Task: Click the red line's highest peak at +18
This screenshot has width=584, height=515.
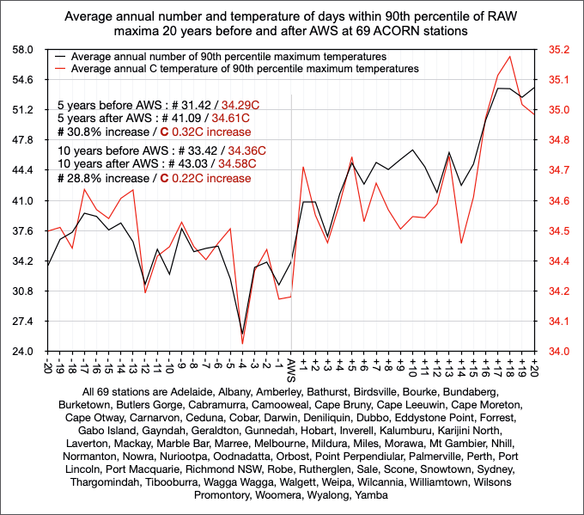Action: click(510, 57)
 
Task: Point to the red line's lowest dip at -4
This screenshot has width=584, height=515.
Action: click(242, 344)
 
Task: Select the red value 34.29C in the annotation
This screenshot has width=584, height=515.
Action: click(240, 103)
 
